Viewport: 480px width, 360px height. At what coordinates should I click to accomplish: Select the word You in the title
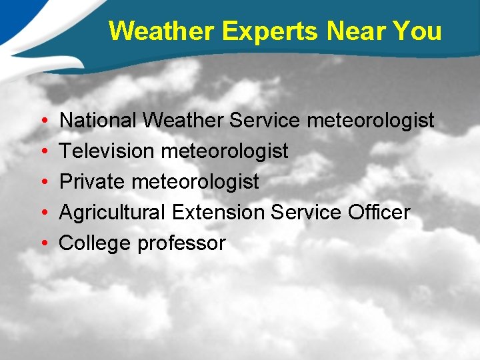417,31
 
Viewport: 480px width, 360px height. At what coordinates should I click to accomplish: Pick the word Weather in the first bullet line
184,121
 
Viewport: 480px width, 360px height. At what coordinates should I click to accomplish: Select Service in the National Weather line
265,121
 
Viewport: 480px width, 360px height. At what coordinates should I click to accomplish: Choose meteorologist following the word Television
225,151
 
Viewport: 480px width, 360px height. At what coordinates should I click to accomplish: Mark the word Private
92,182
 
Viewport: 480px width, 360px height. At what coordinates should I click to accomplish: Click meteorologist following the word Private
195,182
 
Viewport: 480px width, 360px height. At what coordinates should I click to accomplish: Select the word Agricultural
113,213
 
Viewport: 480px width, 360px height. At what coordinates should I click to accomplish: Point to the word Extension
219,213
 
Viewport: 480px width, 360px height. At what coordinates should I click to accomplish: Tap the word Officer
379,213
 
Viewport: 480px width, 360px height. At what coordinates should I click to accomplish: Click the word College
95,243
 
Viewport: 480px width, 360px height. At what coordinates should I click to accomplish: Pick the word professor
181,243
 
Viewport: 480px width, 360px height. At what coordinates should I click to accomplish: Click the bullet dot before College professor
43,243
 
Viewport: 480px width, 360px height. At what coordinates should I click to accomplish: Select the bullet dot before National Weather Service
43,121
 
